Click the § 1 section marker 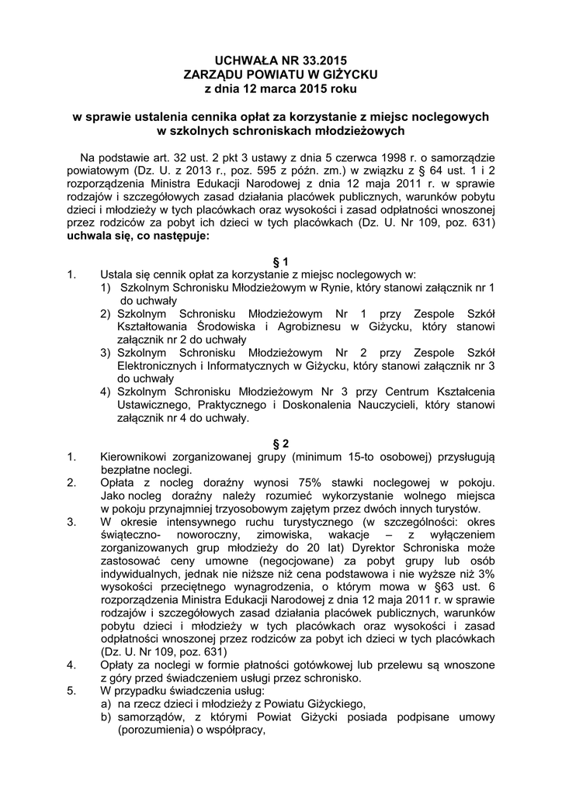click(281, 261)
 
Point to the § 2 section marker click(281, 444)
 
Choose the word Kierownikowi click(137, 457)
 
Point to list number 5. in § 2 click(72, 692)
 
